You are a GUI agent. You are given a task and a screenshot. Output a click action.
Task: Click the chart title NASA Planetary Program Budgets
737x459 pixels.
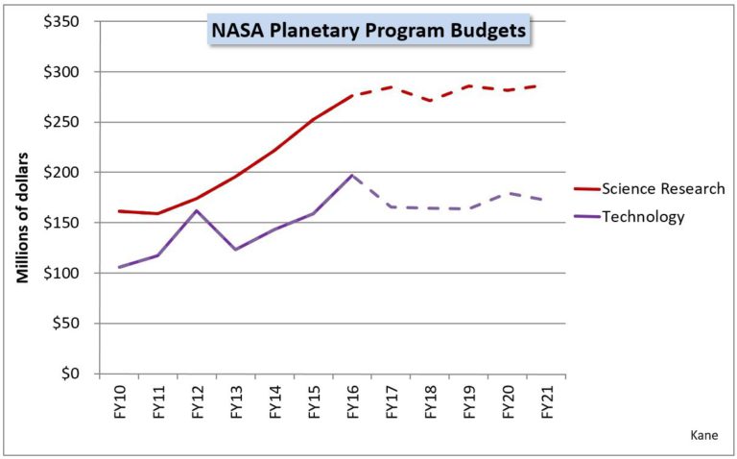click(x=368, y=31)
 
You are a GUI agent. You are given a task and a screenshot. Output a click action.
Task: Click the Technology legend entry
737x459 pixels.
click(x=643, y=217)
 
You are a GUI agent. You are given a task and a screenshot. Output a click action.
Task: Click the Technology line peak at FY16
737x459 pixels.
click(x=352, y=175)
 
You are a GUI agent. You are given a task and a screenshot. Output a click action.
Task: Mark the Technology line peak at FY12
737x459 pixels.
click(x=196, y=210)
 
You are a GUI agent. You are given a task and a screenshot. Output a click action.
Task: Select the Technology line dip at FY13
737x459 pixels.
click(x=235, y=250)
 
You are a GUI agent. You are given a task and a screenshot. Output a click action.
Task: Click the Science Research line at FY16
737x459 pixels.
click(x=352, y=95)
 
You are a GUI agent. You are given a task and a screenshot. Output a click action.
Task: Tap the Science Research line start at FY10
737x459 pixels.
click(x=118, y=211)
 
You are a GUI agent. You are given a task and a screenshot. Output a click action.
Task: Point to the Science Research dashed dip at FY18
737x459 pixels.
click(x=430, y=100)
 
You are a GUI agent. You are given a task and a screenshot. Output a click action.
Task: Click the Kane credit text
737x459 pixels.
click(x=703, y=435)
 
